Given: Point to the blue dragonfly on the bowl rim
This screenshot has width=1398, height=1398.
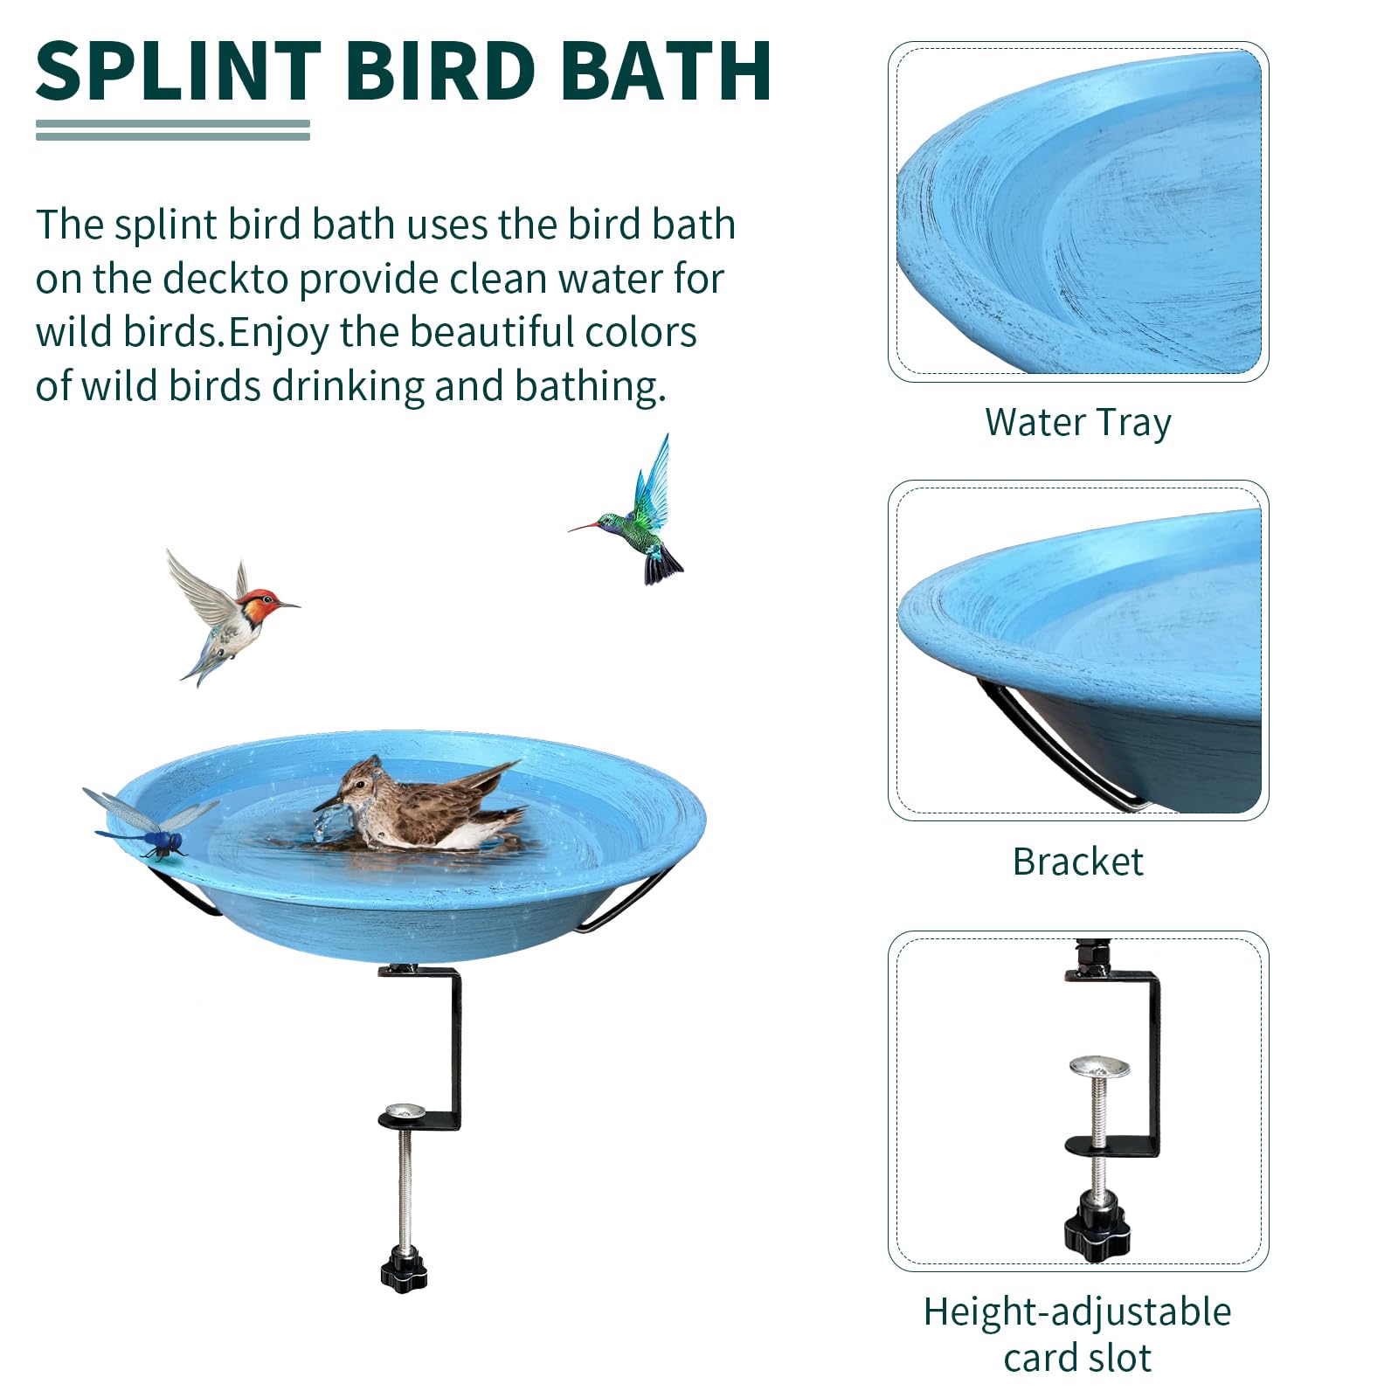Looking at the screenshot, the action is pyautogui.click(x=149, y=823).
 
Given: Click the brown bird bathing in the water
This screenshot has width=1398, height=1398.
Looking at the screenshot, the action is pyautogui.click(x=419, y=806).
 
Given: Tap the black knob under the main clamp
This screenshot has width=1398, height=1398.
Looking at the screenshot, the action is pyautogui.click(x=404, y=1272).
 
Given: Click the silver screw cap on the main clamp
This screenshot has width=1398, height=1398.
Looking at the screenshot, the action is pyautogui.click(x=404, y=1111).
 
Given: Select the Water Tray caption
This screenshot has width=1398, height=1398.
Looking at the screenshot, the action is pyautogui.click(x=1078, y=423).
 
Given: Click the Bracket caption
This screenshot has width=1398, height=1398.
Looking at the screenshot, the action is pyautogui.click(x=1078, y=862).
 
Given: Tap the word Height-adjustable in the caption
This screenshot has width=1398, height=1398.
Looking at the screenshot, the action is pyautogui.click(x=1078, y=1311).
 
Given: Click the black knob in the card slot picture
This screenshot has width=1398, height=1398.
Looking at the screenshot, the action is pyautogui.click(x=1097, y=1225).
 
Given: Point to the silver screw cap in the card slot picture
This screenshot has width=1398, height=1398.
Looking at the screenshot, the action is pyautogui.click(x=1099, y=1066).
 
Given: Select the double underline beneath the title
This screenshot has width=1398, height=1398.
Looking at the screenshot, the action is pyautogui.click(x=173, y=130).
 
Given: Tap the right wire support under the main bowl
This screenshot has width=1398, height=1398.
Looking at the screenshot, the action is pyautogui.click(x=622, y=900).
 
